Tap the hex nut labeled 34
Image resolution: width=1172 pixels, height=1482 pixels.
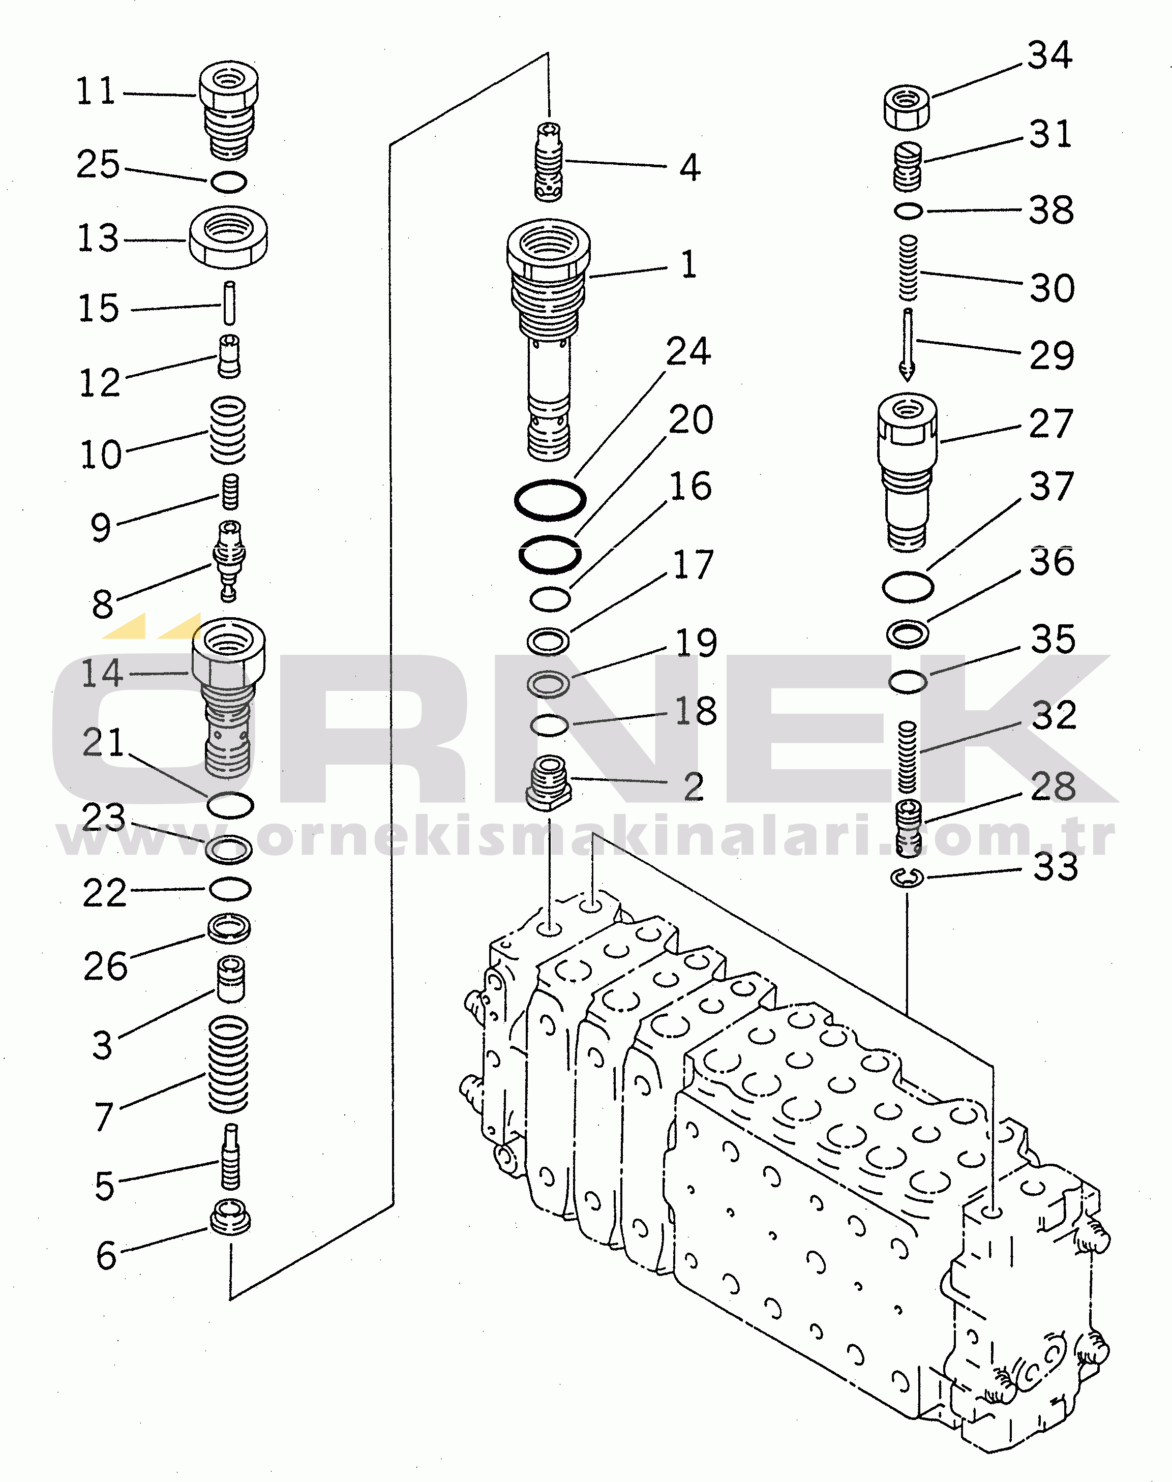907,107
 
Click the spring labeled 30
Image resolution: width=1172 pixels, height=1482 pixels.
908,268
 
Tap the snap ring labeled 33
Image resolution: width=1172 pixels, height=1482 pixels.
907,877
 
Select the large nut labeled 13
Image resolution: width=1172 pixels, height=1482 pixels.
228,237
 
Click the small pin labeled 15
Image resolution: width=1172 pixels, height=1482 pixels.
230,303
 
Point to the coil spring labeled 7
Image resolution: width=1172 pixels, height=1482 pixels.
228,1064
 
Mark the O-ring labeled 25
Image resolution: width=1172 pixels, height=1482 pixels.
228,182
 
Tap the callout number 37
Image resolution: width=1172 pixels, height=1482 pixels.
1051,487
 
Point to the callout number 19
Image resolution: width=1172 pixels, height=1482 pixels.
696,643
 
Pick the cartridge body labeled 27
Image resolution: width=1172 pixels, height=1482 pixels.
907,470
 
